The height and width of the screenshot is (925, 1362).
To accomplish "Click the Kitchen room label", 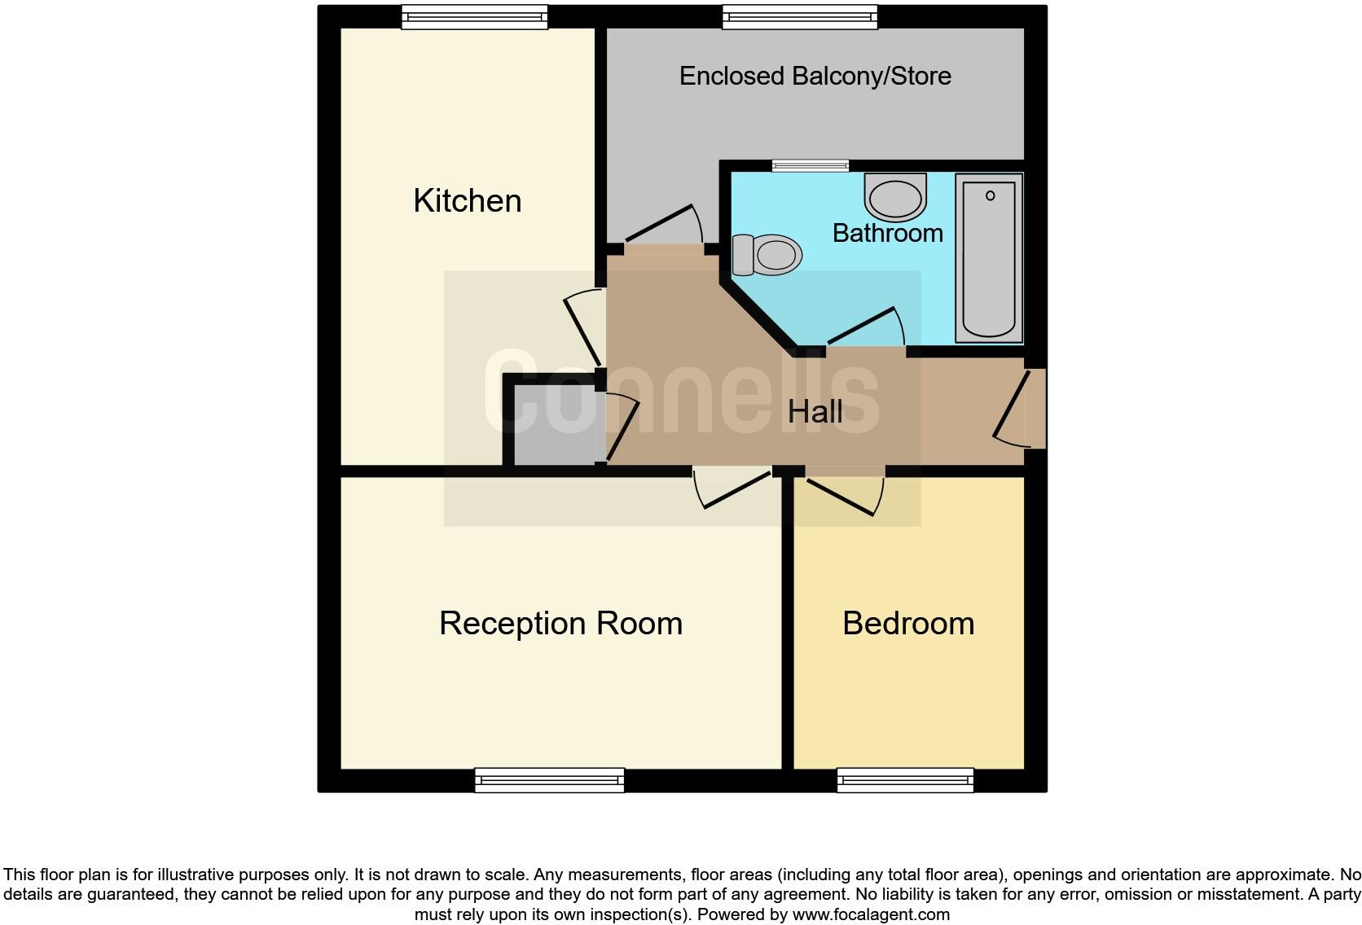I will [x=467, y=200].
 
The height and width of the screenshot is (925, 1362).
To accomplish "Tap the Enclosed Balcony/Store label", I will [x=815, y=76].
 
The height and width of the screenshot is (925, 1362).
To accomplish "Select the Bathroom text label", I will [x=887, y=233].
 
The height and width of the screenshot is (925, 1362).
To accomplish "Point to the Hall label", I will [x=815, y=411].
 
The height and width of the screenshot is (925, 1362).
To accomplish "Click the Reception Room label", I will [x=560, y=623].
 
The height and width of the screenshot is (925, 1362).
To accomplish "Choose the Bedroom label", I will [x=908, y=623].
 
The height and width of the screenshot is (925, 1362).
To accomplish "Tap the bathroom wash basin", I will [x=895, y=196].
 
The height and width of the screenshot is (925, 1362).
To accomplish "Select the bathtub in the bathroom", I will [x=989, y=258].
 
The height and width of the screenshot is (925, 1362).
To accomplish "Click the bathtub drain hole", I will [x=991, y=195].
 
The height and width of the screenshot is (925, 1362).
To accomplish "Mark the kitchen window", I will [x=474, y=17].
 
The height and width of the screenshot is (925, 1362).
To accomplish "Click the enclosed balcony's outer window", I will [x=800, y=17].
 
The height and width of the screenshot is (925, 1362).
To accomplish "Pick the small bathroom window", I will [x=811, y=166].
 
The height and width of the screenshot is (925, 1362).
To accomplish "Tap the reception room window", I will [x=550, y=780].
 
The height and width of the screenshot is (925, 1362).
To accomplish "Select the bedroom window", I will [x=905, y=780].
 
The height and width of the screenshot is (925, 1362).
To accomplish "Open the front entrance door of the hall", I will [x=1018, y=410].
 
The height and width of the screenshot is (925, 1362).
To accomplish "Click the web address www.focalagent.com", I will [x=871, y=914].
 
